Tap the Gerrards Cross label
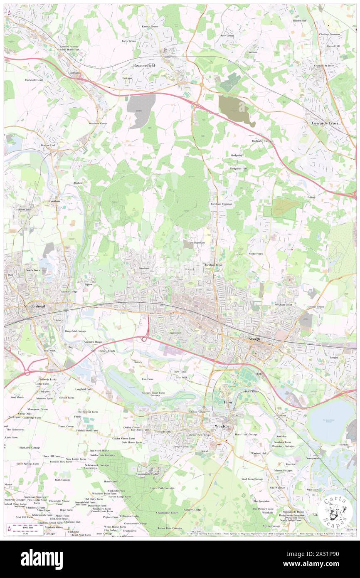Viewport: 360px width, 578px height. pos(325,123)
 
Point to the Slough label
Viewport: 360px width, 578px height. pos(254,339)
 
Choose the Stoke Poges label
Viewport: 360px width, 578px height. pos(256,253)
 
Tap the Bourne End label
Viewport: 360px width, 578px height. pos(48,146)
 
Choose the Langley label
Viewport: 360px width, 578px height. pos(335,357)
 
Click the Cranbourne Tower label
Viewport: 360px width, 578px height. pos(168,513)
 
